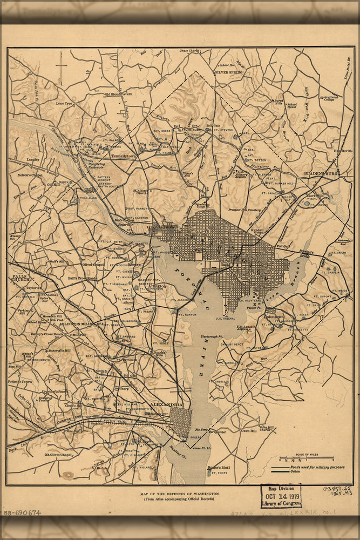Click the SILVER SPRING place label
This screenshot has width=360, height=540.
point(229,71)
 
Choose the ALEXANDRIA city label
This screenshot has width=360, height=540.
point(166,404)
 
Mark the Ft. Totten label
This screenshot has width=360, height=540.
point(256,160)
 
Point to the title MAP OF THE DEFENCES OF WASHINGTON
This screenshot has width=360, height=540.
point(179,494)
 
